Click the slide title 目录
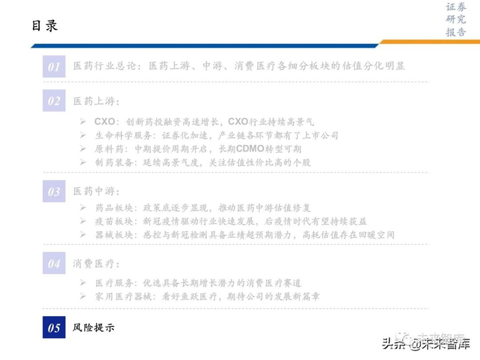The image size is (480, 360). point(45,25)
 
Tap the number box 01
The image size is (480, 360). point(54,66)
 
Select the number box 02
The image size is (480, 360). point(54,101)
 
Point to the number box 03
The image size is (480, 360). point(54,191)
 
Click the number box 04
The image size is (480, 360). point(54,262)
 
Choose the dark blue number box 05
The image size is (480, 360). point(54,328)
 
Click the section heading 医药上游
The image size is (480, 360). point(97,101)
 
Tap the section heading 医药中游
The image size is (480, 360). point(97,191)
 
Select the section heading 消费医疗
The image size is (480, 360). point(97,263)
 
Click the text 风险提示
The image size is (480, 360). point(94,328)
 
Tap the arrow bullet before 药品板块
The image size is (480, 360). point(82,207)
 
